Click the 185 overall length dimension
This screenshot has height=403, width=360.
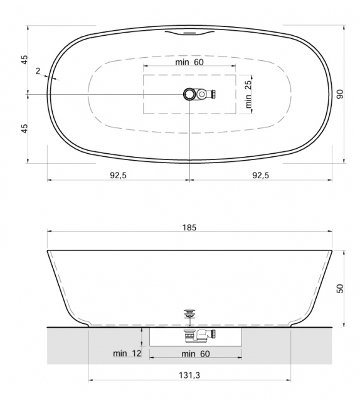(x=189, y=228)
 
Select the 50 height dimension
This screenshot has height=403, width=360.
(x=339, y=288)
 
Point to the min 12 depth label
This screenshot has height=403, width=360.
(x=127, y=353)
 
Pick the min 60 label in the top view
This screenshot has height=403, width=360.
(x=189, y=62)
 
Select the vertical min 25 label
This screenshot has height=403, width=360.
(x=248, y=94)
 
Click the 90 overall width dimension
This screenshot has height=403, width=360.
(x=339, y=94)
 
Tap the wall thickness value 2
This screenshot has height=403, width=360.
(x=38, y=72)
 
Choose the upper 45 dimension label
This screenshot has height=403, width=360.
(x=24, y=60)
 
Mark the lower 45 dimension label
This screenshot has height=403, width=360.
(x=24, y=128)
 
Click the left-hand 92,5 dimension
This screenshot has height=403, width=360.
(x=118, y=175)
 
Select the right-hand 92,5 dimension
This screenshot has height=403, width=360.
(x=260, y=175)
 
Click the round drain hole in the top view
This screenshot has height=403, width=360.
(x=189, y=94)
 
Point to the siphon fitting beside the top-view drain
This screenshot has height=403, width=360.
(x=206, y=94)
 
